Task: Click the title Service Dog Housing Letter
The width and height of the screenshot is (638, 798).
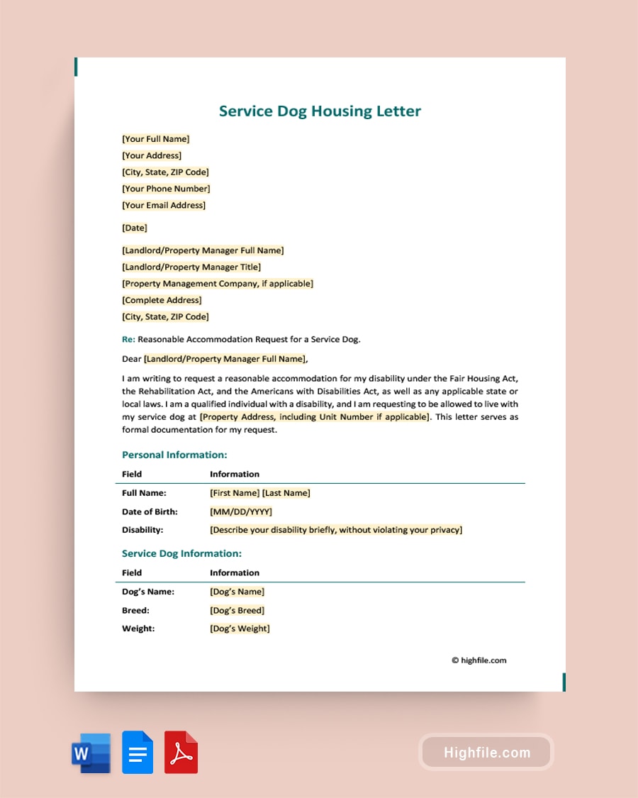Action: pos(320,111)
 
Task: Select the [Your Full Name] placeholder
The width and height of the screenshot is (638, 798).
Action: pos(156,139)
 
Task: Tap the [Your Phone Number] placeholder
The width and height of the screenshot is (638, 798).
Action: pos(166,189)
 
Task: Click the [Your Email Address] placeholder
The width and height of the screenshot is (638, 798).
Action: pos(164,205)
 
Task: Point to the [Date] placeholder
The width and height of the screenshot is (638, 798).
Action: pos(135,228)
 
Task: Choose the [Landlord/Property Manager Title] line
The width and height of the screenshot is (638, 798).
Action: pos(191,267)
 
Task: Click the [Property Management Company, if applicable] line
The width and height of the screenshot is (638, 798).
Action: pos(218,284)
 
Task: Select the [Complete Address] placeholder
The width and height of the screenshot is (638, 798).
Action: pos(162,300)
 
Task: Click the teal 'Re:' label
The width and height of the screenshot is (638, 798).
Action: pos(128,339)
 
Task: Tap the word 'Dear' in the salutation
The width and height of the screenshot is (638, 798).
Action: pos(132,359)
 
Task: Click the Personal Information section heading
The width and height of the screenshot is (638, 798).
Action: pos(174,455)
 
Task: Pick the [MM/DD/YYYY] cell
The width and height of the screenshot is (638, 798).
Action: pos(241,511)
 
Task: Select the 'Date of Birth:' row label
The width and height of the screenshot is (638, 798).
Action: pos(150,511)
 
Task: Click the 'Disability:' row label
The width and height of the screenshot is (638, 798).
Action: pos(142,530)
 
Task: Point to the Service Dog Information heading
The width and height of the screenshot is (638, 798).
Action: pos(181,553)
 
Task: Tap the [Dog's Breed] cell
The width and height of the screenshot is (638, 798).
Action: pos(237,610)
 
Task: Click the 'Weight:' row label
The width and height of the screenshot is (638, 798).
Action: pos(138,628)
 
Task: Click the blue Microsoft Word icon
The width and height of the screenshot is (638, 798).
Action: pos(91,753)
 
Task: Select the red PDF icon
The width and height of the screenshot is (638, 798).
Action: pos(181,753)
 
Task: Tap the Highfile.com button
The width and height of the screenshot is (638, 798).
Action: pos(486,753)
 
